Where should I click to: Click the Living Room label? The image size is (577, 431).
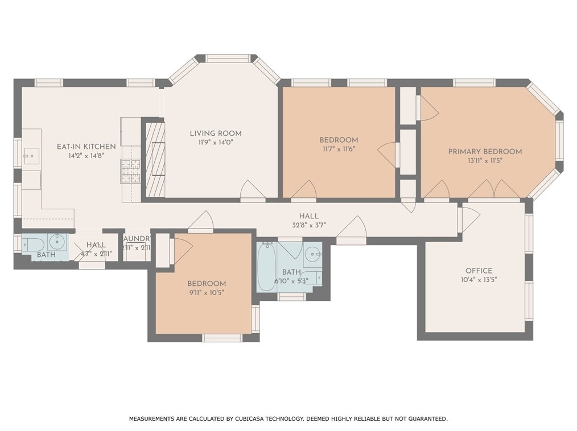tap(212, 134)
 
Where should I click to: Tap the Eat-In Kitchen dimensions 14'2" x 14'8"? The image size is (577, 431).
tap(86, 155)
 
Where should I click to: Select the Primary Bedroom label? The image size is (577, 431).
tap(485, 151)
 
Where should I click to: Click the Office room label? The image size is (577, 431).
tap(479, 271)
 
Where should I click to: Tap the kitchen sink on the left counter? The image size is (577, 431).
tap(30, 155)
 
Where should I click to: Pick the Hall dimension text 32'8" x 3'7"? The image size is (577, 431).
tap(309, 225)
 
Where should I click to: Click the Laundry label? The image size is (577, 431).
tap(137, 239)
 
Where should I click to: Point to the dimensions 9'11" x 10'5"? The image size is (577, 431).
tap(207, 292)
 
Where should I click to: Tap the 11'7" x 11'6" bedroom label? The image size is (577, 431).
tap(339, 149)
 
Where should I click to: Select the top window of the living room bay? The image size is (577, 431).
tap(228, 58)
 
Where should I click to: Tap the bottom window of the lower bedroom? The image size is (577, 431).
tap(222, 338)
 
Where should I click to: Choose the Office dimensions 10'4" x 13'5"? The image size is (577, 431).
tap(479, 279)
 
